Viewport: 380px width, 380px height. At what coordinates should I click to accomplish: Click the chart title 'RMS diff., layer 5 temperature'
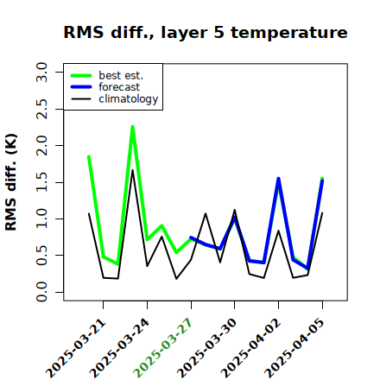[x=206, y=33]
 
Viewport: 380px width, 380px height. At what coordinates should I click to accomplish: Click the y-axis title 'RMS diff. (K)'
[x=11, y=182]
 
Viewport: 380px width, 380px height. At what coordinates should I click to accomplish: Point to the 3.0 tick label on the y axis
[x=41, y=72]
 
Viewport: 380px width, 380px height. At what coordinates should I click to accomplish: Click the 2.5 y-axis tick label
[x=41, y=109]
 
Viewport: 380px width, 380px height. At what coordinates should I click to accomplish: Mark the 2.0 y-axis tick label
[x=41, y=146]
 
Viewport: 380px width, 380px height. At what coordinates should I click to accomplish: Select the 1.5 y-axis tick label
[x=41, y=182]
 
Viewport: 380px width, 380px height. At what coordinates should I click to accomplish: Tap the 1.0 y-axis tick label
[x=41, y=218]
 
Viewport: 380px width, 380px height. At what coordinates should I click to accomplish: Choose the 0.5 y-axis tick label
[x=41, y=256]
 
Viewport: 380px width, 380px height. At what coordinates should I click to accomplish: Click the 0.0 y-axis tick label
[x=41, y=292]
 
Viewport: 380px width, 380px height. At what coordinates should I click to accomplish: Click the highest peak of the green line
[x=133, y=127]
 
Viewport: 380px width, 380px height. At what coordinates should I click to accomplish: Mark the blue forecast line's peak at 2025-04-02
[x=278, y=179]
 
